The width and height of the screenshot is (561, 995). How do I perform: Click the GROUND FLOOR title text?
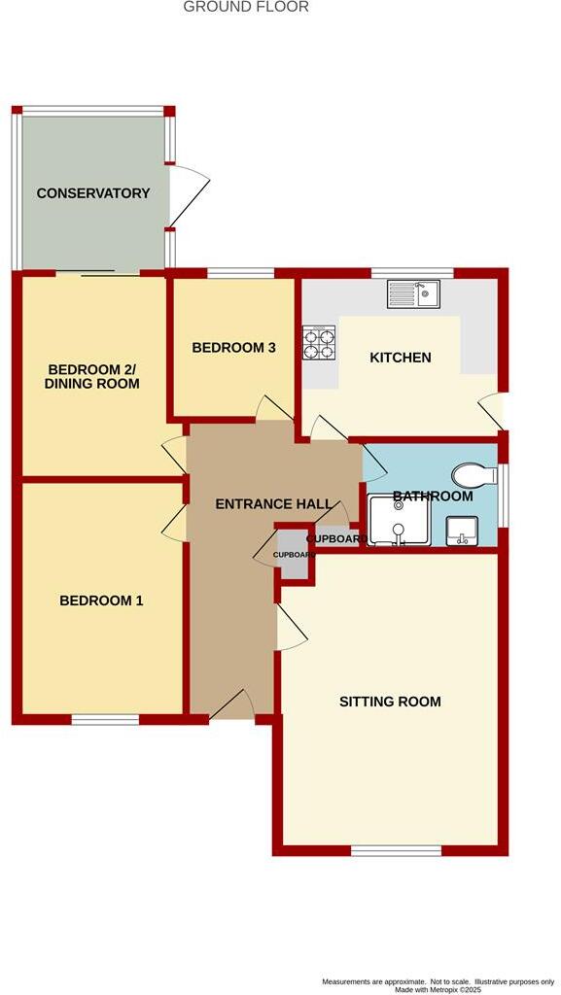click(x=246, y=7)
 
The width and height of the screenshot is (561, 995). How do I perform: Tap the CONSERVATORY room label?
click(x=93, y=193)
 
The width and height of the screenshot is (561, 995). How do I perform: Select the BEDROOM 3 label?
click(x=233, y=348)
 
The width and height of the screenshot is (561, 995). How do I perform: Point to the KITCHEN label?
click(x=400, y=358)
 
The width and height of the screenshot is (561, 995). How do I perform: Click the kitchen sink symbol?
click(x=413, y=292)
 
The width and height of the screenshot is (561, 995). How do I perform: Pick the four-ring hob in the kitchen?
click(x=320, y=342)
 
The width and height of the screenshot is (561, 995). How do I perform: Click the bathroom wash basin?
click(x=460, y=532)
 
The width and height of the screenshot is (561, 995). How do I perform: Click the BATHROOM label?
click(x=433, y=497)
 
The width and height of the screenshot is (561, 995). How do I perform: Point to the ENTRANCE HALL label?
click(x=272, y=504)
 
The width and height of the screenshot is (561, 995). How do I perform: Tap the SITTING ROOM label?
click(x=390, y=702)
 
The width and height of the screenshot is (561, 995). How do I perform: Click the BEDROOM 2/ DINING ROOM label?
click(x=93, y=377)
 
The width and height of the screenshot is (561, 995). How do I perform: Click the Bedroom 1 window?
click(x=105, y=720)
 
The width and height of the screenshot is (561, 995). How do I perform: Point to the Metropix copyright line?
click(x=439, y=989)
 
